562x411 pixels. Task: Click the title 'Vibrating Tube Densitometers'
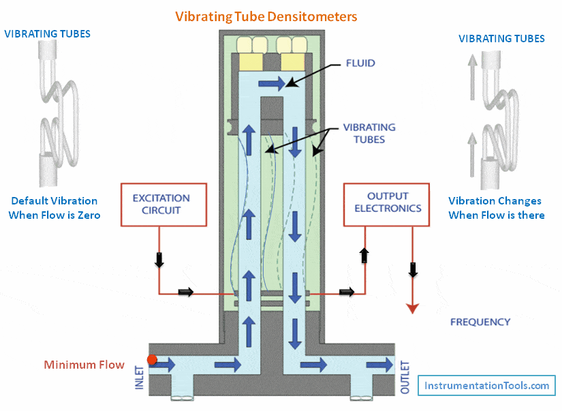pyautogui.click(x=266, y=16)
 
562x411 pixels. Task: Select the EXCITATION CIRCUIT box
pyautogui.click(x=162, y=204)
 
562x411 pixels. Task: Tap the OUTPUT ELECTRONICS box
pyautogui.click(x=388, y=203)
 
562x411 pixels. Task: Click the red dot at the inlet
pyautogui.click(x=152, y=359)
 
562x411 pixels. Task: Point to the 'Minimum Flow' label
pyautogui.click(x=84, y=365)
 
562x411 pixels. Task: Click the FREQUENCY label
pyautogui.click(x=480, y=322)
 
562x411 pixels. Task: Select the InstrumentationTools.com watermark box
pyautogui.click(x=486, y=386)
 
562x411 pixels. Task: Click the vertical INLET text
pyautogui.click(x=140, y=377)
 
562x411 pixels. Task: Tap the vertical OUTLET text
pyautogui.click(x=405, y=377)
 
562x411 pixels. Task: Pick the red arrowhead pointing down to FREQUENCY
pyautogui.click(x=411, y=307)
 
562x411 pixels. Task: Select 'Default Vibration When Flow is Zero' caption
pyautogui.click(x=54, y=208)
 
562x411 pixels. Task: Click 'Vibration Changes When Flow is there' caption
pyautogui.click(x=495, y=208)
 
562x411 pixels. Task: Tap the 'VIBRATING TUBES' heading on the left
pyautogui.click(x=47, y=33)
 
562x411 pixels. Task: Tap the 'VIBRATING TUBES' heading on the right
pyautogui.click(x=501, y=38)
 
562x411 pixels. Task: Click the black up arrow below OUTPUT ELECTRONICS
pyautogui.click(x=364, y=256)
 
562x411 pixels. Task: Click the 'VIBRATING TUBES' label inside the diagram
pyautogui.click(x=369, y=133)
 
